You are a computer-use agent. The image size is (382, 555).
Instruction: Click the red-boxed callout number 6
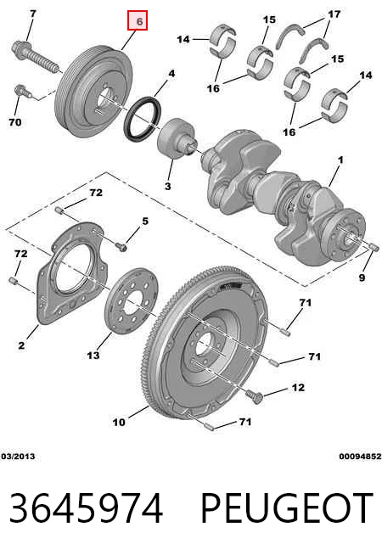138,21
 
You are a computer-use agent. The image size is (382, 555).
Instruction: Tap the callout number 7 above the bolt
32,14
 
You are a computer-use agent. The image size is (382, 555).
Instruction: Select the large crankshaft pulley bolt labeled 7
36,57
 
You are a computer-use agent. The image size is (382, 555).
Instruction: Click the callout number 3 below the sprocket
167,186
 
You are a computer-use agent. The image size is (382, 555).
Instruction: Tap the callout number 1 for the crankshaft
340,160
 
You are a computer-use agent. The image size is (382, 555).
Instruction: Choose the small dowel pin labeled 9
374,247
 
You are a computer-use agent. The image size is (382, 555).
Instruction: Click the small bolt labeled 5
121,247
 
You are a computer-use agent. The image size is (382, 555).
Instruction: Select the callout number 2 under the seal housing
21,345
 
